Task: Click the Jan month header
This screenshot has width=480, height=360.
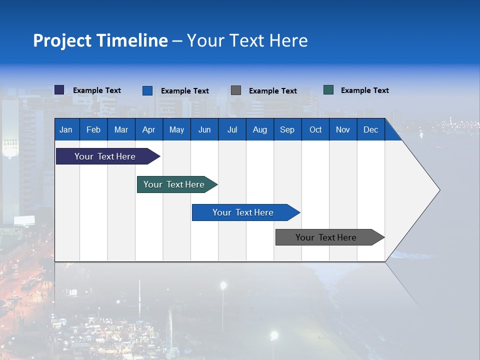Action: (x=66, y=129)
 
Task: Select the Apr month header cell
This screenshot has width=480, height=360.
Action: (x=149, y=129)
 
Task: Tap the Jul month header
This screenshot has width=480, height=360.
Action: (x=232, y=129)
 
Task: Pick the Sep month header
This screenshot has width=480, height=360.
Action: (x=287, y=129)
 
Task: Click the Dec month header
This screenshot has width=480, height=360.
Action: (x=371, y=129)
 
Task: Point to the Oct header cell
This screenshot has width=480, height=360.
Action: (x=315, y=129)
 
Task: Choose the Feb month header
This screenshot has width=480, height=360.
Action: (x=93, y=129)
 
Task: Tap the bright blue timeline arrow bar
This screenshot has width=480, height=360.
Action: (x=243, y=212)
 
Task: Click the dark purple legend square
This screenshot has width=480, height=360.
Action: (x=59, y=90)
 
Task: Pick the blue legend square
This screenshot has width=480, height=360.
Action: (x=147, y=90)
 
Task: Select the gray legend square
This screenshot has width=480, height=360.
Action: (x=236, y=90)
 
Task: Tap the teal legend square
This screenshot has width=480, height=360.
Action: (x=328, y=90)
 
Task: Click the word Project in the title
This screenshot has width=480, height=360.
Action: (x=61, y=40)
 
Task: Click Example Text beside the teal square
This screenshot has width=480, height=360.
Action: (x=364, y=90)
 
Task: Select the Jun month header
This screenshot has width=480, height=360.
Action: (x=204, y=129)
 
